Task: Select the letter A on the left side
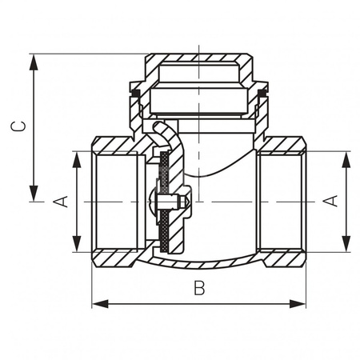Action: (59, 202)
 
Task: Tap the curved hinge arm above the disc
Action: (165, 132)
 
